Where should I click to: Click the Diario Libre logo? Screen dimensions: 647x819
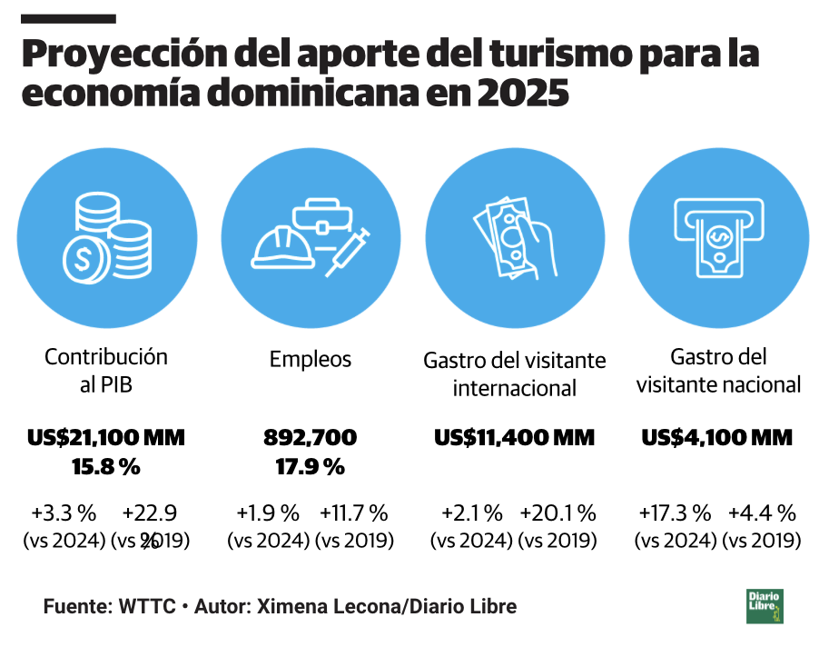(x=765, y=606)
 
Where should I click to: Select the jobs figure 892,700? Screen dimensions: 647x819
(x=311, y=438)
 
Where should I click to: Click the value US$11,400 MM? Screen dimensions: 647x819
(x=514, y=438)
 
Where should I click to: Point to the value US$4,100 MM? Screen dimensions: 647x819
(x=717, y=438)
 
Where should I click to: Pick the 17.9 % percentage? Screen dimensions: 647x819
(x=311, y=467)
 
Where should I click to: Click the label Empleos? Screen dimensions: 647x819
(x=311, y=359)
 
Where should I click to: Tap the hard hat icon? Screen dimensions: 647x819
(x=282, y=247)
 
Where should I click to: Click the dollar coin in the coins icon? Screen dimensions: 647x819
(x=84, y=258)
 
